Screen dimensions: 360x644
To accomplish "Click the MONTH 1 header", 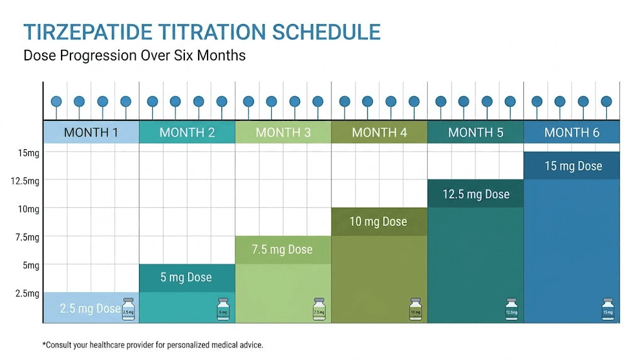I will [91, 133].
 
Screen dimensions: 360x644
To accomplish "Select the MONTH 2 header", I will [187, 133].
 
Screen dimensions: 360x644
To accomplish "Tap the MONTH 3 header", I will [283, 133].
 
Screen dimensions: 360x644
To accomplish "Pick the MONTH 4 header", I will [379, 133].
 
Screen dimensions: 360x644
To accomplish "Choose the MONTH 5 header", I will [475, 133].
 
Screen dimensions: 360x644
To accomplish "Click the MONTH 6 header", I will [572, 133].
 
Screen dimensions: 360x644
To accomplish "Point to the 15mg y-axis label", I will [28, 153].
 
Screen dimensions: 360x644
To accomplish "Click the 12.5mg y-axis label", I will [26, 181].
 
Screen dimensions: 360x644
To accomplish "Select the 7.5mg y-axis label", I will [28, 237].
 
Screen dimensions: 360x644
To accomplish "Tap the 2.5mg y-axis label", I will [28, 293].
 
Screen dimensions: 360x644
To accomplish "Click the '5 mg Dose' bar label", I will [186, 278].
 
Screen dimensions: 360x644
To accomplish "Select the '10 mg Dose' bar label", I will [378, 222].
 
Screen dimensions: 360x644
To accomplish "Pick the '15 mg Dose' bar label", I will [573, 166].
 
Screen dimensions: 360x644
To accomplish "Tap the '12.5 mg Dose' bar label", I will [475, 194].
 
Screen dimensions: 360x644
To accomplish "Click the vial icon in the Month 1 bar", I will [128, 310].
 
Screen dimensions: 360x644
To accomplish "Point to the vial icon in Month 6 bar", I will [608, 310].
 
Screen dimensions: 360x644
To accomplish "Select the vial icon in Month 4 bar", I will [415, 310].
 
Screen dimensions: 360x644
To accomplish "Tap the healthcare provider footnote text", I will [152, 345].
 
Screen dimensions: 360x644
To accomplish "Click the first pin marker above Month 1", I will [56, 101].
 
